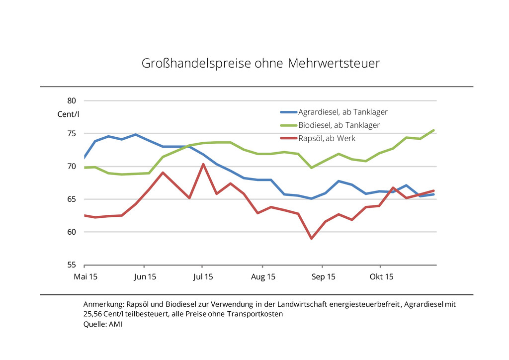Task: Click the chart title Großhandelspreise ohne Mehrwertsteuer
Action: tap(261, 64)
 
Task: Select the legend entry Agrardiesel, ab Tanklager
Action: tap(342, 112)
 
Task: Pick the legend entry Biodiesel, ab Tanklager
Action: tap(339, 125)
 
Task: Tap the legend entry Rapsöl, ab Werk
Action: tap(327, 138)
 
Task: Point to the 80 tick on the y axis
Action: tap(72, 101)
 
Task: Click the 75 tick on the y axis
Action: tap(72, 134)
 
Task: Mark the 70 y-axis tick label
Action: tap(72, 167)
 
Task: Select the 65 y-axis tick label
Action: tap(72, 199)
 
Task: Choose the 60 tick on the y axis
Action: tap(72, 232)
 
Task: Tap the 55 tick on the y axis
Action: tap(72, 265)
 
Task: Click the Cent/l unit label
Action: tap(68, 114)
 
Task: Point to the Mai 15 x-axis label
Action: tap(85, 277)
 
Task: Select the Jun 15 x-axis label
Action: tap(145, 277)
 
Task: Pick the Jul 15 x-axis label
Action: tap(203, 277)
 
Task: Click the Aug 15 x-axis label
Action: tap(263, 277)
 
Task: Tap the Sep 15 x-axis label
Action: tap(324, 277)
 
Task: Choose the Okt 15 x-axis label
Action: tap(381, 277)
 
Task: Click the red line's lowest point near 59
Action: tap(312, 238)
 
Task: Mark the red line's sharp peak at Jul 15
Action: tap(203, 164)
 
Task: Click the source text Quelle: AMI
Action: tap(102, 324)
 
